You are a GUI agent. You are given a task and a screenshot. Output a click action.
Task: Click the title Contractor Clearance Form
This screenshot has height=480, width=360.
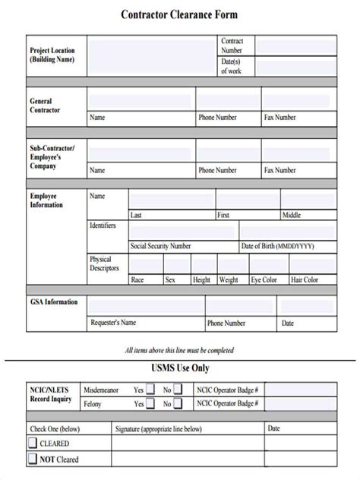[179, 14]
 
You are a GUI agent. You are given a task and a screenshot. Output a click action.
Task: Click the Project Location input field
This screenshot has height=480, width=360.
[153, 55]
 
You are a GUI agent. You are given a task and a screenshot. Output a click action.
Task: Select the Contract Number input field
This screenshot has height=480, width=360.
[295, 46]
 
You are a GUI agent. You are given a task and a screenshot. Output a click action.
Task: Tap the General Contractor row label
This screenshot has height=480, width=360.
[46, 106]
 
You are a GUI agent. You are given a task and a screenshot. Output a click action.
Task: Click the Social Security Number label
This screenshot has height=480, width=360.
[161, 246]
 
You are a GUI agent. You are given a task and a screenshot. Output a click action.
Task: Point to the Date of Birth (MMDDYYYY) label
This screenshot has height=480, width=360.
[276, 246]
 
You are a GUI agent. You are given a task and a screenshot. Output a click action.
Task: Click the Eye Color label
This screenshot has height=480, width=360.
[269, 279]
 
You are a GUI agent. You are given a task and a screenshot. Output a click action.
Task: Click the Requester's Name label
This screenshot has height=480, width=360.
[114, 323]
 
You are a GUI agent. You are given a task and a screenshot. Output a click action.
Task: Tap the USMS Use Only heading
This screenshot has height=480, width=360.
[179, 368]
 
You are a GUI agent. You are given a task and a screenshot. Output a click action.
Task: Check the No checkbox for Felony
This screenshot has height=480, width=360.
[178, 405]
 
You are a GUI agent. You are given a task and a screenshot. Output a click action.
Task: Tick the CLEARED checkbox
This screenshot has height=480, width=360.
[33, 443]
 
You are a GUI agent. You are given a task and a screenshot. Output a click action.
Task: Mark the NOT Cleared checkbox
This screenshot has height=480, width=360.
[33, 458]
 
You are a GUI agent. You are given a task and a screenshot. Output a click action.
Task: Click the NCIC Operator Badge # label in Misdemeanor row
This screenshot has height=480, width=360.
[228, 390]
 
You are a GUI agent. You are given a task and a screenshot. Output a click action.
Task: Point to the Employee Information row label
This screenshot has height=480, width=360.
[47, 201]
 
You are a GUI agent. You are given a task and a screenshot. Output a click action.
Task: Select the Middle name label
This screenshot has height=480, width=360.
[292, 215]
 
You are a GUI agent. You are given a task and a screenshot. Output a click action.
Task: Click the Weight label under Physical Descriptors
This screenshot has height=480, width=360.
[229, 279]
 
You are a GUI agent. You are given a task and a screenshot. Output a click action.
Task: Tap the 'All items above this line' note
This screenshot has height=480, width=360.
[179, 350]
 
